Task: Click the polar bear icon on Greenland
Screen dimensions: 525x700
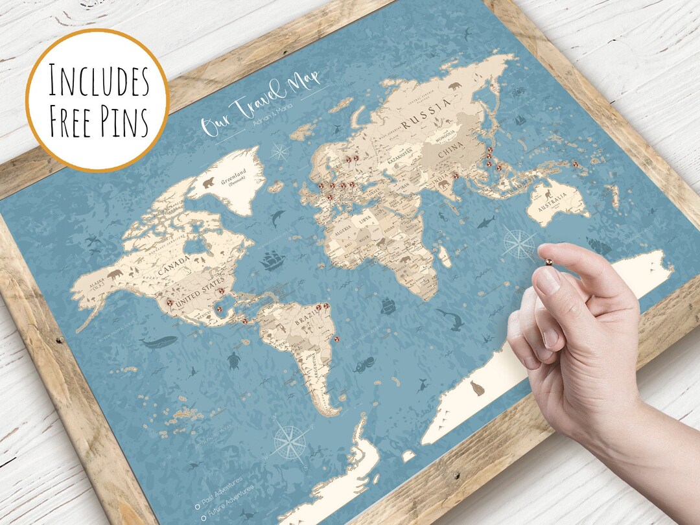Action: (209, 183)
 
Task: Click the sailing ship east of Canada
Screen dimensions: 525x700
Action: (272, 262)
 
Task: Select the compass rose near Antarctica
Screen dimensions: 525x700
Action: (289, 442)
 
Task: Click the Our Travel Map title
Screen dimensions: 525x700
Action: (263, 107)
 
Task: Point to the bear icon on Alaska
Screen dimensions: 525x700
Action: (116, 275)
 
